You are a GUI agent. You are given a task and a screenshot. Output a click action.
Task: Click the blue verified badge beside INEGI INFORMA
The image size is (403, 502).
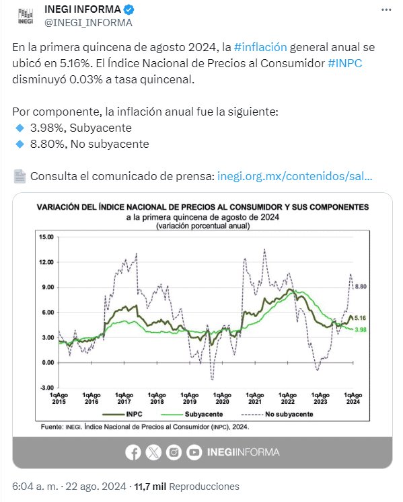129,9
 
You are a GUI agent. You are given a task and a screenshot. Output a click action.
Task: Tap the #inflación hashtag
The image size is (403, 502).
260,47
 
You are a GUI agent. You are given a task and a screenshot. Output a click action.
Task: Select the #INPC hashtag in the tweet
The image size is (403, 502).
345,63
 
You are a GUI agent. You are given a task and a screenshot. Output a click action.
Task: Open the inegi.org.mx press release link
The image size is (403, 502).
295,176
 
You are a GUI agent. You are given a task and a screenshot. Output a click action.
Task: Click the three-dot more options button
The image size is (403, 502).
386,10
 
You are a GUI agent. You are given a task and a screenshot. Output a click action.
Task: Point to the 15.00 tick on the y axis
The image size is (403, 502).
46,237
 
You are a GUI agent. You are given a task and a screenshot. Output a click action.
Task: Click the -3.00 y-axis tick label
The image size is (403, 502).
47,388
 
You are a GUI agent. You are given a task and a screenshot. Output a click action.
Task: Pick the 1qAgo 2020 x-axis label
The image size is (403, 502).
222,399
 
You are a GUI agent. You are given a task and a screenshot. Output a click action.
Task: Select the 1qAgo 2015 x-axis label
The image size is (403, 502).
59,399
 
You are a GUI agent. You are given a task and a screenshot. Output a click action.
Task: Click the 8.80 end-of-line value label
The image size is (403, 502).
361,286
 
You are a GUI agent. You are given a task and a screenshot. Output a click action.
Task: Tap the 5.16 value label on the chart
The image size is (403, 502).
360,318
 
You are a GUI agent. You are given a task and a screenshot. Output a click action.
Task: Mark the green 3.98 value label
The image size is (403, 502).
361,329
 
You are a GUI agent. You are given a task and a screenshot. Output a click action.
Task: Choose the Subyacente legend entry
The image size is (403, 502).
192,414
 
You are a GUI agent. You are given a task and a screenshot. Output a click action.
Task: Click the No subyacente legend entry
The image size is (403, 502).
277,414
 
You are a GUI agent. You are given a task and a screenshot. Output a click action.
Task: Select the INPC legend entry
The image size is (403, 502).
122,414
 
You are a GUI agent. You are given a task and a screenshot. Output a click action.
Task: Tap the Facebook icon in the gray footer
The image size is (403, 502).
133,452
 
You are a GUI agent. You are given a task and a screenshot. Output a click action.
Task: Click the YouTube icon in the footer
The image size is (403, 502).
194,452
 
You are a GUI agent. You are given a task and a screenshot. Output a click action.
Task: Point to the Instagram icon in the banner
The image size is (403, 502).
174,452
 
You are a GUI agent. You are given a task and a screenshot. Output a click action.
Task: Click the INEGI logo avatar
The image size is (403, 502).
26,16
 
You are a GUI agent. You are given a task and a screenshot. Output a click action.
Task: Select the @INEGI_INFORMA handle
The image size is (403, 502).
88,23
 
